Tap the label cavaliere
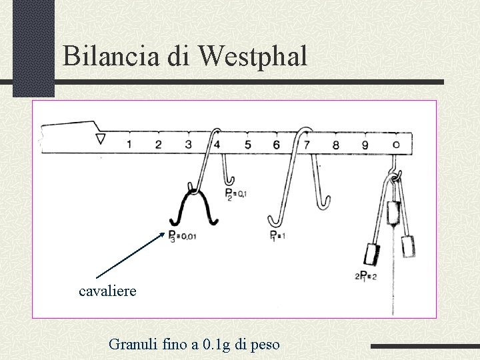click(107, 291)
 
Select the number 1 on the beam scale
click(128, 143)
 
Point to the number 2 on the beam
click(158, 143)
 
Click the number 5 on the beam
click(247, 143)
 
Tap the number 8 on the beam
click(335, 144)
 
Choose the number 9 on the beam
click(365, 144)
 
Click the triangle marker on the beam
click(101, 139)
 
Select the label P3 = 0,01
click(181, 235)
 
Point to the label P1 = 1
click(278, 235)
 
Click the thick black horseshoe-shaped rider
click(193, 207)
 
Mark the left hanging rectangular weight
click(371, 254)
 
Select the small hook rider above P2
click(227, 171)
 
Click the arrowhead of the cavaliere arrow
click(165, 233)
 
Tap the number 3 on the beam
click(189, 143)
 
